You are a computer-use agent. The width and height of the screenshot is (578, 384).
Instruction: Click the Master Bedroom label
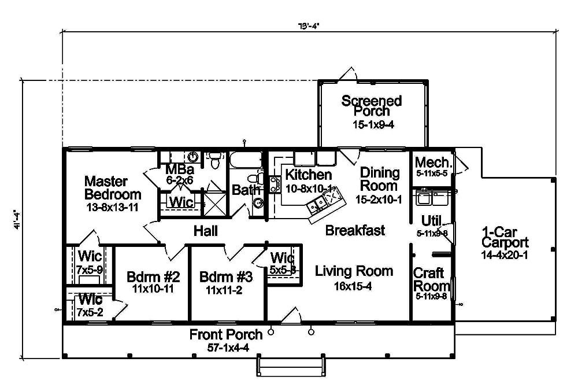tap(113, 187)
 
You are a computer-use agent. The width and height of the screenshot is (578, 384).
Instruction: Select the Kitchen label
tap(309, 175)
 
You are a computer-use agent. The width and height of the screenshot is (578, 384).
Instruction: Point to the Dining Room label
tap(380, 179)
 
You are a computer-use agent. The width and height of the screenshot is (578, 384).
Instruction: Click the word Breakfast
tap(355, 231)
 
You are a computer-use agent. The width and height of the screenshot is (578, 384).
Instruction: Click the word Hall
tap(206, 231)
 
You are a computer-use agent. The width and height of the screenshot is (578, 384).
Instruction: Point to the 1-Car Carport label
tap(505, 238)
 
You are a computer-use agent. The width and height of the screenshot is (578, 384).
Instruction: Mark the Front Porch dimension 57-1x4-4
tap(226, 347)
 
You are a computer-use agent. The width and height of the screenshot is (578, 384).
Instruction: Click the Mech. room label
tap(432, 163)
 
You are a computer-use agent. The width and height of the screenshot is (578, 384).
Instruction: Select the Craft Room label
tap(431, 279)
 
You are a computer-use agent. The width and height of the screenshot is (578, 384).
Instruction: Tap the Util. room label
tap(431, 220)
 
